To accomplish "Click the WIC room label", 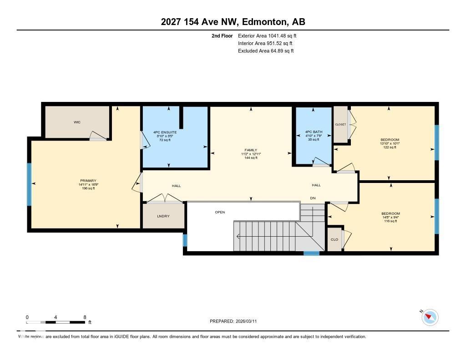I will (77, 122).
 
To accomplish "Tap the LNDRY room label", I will (163, 216).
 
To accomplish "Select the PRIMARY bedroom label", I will (88, 181).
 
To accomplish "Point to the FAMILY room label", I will (251, 150).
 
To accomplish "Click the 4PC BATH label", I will (314, 132).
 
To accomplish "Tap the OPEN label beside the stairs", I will (220, 212).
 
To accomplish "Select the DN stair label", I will (313, 198).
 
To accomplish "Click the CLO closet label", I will (334, 239).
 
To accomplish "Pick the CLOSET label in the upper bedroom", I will (340, 124).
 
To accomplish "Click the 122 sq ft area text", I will (390, 147).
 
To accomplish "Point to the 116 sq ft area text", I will (390, 221).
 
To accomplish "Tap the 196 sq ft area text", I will (88, 188).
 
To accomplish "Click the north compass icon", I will (430, 317).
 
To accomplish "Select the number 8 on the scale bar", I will (85, 317).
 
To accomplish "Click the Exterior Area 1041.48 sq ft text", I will (267, 35).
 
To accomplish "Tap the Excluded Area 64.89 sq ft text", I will (266, 51).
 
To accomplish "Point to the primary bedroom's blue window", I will (30, 184).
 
